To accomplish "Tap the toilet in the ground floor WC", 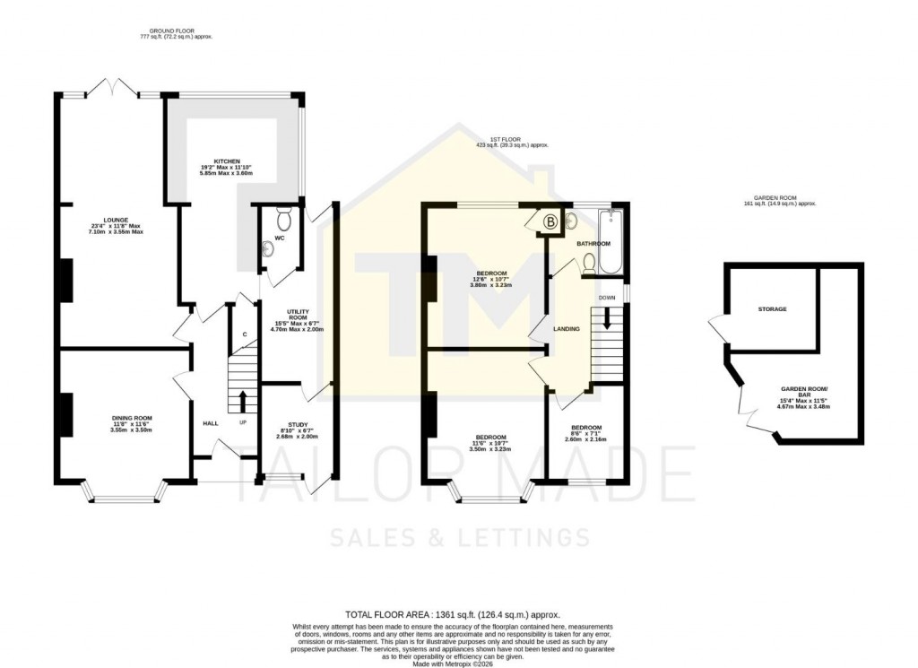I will tap(284, 219).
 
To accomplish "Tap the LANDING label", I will tap(567, 329).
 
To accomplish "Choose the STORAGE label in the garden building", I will tap(772, 309).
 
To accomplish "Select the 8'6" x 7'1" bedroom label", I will tap(585, 427).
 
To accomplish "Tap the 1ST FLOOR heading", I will tap(511, 139).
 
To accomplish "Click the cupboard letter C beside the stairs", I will tap(243, 334).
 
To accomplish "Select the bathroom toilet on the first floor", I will tap(589, 261).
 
